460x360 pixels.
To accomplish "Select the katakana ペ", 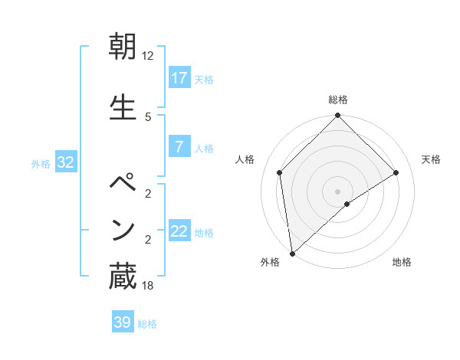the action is [123, 185].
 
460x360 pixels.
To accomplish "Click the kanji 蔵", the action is [123, 277].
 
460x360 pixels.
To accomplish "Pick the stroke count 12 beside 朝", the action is [148, 56].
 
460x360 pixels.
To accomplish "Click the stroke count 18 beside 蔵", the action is [148, 286].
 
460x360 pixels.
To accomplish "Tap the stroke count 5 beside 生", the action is [148, 116].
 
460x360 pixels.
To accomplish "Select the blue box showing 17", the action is [179, 78].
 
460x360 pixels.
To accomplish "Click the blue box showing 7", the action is [179, 147].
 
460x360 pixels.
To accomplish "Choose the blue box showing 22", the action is [179, 231].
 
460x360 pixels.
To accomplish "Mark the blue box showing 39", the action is [123, 322].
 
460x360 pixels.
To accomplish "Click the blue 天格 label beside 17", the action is [204, 80].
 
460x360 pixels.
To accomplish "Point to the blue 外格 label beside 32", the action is [41, 163].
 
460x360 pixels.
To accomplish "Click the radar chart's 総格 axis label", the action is [338, 100].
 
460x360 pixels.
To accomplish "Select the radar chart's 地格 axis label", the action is [402, 262].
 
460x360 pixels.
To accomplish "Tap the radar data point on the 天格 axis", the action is [396, 173].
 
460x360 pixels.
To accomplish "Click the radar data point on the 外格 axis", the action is [292, 254].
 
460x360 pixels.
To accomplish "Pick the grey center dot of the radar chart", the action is [338, 191].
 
